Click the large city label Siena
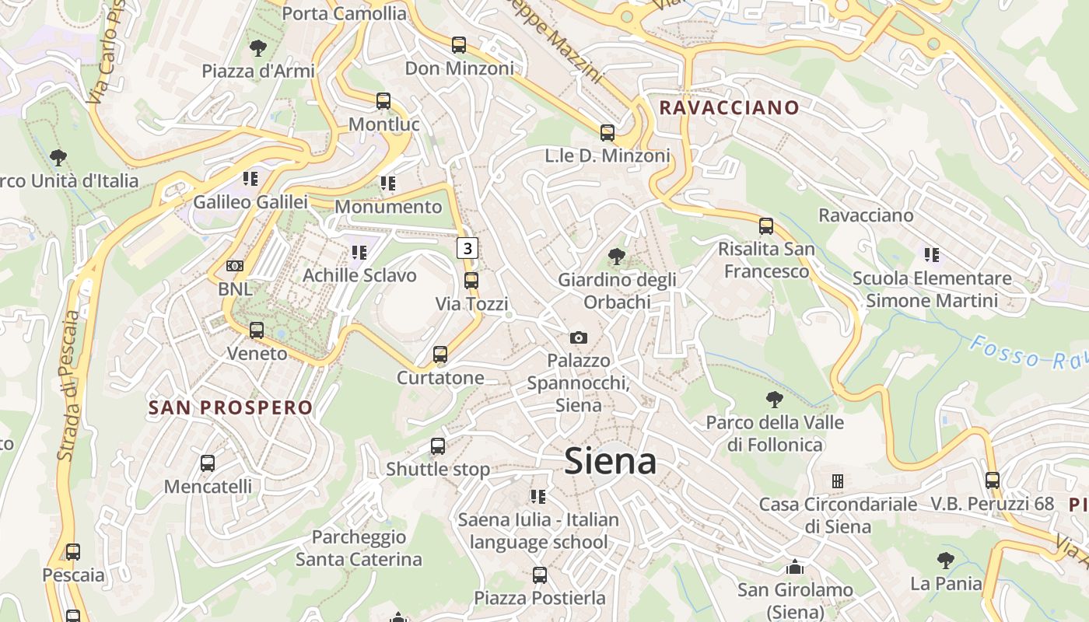[611, 462]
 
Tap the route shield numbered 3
[467, 248]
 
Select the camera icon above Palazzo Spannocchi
[578, 337]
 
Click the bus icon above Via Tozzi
[471, 281]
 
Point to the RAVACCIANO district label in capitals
[729, 107]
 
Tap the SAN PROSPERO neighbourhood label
[230, 407]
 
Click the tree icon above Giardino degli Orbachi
[617, 256]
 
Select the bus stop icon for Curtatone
[440, 355]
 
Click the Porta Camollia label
[344, 13]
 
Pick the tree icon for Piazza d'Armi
[258, 48]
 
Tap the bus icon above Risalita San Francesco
[766, 226]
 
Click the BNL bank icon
[235, 266]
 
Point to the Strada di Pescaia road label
[69, 386]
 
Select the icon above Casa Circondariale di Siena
[838, 481]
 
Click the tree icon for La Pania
[946, 560]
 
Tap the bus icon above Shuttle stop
[438, 446]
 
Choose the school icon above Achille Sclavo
[359, 252]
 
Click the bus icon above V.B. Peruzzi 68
[992, 480]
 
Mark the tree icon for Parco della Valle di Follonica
[774, 400]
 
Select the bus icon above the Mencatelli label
[208, 463]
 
